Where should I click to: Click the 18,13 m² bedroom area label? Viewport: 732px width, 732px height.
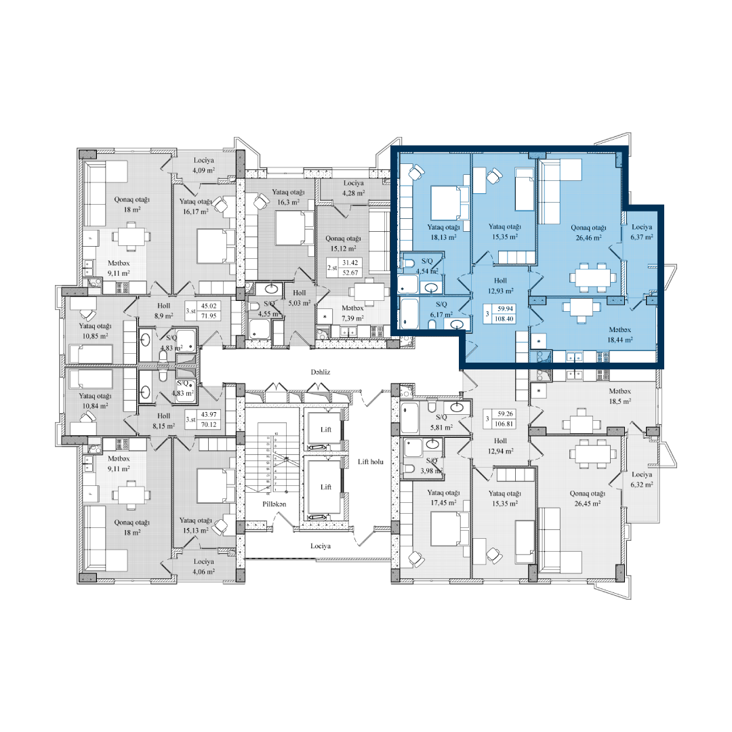(x=443, y=237)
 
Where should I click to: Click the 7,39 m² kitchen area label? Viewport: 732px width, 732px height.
(x=352, y=318)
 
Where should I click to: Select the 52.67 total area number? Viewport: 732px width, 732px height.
(x=351, y=272)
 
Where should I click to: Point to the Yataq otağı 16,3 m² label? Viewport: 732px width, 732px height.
(x=289, y=197)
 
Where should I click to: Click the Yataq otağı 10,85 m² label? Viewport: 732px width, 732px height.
(x=95, y=331)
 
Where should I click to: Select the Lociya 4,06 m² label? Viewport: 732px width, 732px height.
(x=203, y=567)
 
